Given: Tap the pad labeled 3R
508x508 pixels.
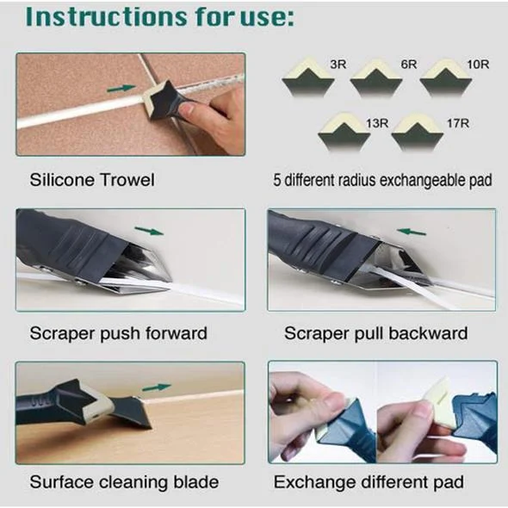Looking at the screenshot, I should tap(307, 78).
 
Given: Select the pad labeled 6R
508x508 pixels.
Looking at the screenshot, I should tap(375, 78).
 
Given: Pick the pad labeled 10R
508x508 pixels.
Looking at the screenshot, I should tap(445, 78).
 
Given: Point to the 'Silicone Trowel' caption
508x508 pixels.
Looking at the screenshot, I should tap(92, 181).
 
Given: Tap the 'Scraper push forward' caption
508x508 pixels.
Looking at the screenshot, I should tap(119, 333).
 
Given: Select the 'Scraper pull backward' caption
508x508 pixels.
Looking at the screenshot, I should tap(376, 333).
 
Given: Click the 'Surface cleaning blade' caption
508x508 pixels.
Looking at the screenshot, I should tap(124, 481).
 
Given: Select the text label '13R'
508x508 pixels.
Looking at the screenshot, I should tap(377, 123).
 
